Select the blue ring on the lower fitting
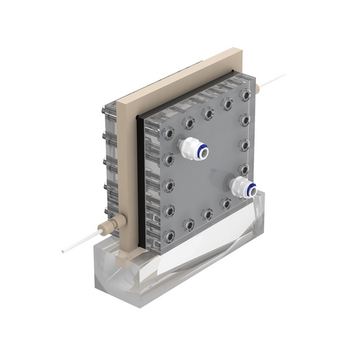click(250, 190)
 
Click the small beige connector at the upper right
click(259, 88)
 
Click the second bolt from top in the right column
click(244, 121)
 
